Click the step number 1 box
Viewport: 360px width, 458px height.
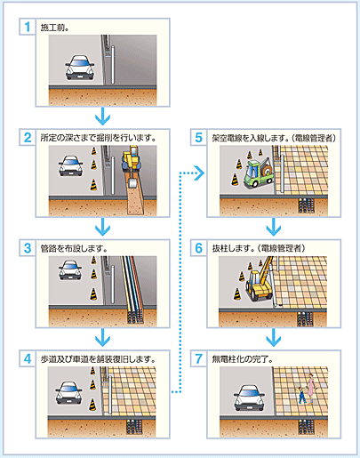28,27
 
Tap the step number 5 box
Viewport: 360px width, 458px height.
198,137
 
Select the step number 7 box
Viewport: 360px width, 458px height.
198,358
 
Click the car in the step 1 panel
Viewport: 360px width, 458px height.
80,68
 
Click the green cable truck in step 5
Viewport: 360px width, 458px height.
259,173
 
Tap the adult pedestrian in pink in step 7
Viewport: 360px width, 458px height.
310,389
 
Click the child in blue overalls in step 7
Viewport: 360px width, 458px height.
301,395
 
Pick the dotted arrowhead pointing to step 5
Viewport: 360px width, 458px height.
200,173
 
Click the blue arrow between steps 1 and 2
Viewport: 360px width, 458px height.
102,116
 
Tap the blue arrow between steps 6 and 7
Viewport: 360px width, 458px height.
274,337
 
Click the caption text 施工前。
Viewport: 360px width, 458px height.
55,28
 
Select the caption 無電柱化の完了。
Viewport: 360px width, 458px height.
243,359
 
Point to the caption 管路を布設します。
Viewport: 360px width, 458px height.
74,248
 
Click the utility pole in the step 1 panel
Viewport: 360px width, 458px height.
113,65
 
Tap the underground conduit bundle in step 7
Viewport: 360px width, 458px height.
306,427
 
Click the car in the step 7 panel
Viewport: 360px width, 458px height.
249,398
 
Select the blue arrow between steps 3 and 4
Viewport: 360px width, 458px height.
102,337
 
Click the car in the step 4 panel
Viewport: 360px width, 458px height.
68,392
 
